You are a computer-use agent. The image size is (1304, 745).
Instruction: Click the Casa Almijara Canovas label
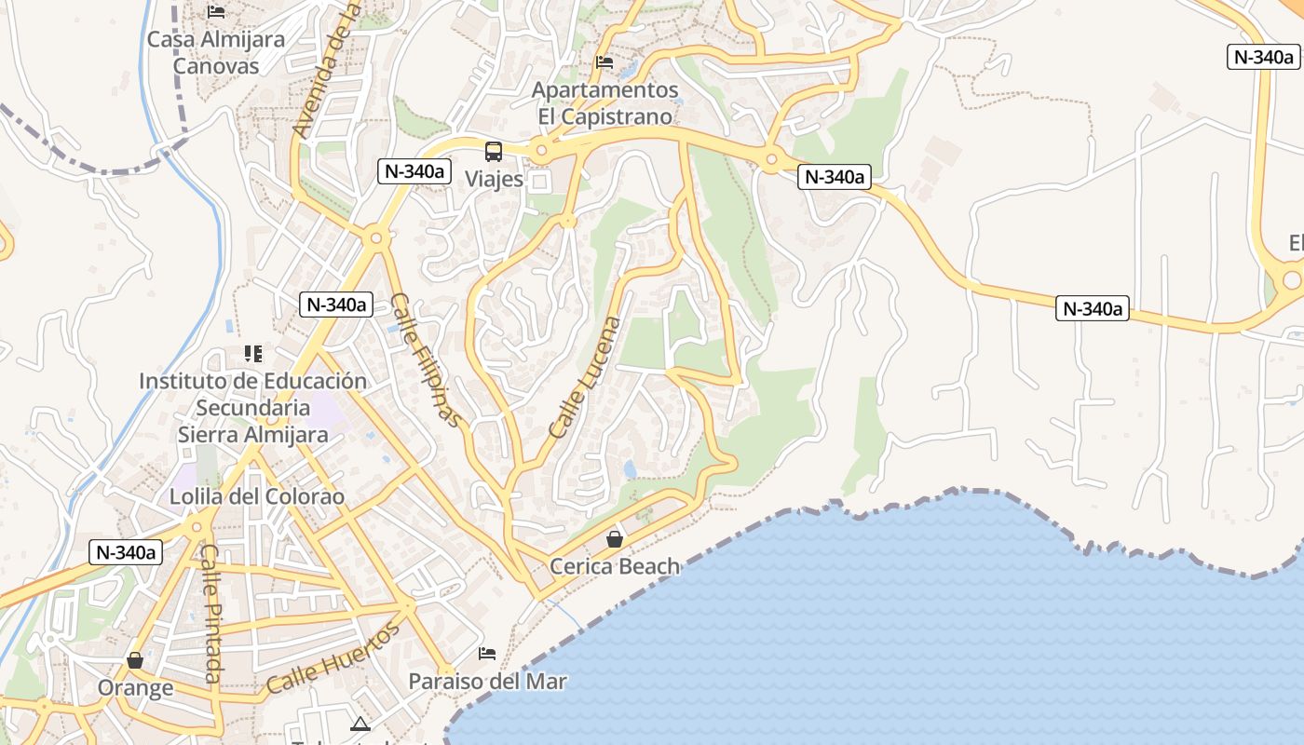pos(216,53)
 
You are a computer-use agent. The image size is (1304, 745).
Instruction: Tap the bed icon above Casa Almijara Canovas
pos(216,12)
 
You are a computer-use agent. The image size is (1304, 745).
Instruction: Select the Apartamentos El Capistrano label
pos(604,103)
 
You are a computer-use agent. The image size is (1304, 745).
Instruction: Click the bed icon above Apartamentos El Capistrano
pos(604,63)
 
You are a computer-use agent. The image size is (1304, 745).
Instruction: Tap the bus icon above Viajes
pos(494,151)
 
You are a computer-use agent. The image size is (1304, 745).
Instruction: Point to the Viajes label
pos(494,179)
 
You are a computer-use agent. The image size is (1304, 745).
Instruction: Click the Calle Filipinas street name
pos(426,360)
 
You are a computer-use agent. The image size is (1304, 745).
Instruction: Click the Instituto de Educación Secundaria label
pos(252,407)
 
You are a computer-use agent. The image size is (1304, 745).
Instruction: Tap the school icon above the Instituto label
pos(252,354)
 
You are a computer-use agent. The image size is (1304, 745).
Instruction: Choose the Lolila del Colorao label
pos(256,496)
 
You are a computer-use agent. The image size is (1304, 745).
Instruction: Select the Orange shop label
pos(136,688)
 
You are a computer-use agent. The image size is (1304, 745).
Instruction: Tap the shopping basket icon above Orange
pos(135,660)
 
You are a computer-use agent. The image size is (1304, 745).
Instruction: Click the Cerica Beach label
pos(615,566)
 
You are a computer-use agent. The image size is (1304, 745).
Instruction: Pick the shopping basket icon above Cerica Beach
pos(615,539)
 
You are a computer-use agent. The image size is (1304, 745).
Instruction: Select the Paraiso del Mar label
pos(487,682)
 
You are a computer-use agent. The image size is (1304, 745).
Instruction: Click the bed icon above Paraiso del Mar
pos(487,654)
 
